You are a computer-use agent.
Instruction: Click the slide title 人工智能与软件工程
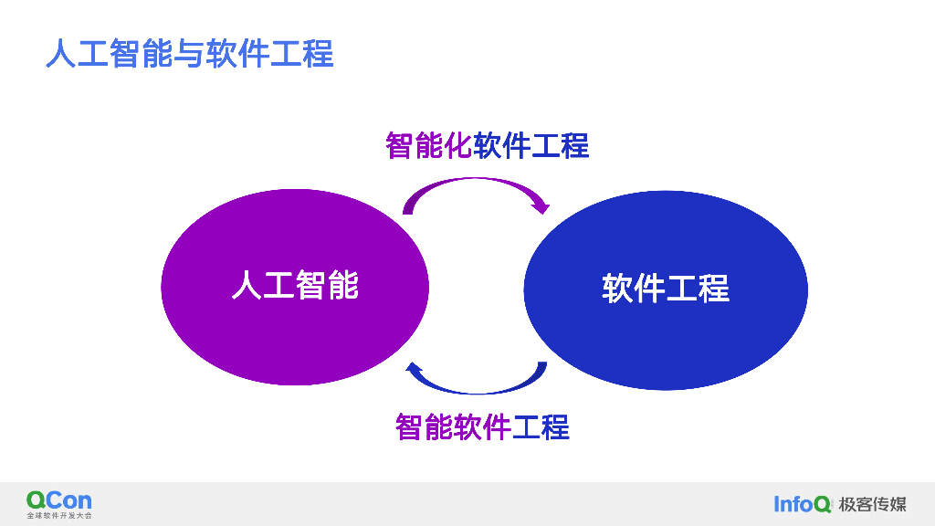tap(190, 54)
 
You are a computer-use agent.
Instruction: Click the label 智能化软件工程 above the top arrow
tap(487, 145)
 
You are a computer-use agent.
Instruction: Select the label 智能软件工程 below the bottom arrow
tap(482, 426)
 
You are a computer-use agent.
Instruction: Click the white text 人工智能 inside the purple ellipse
tap(295, 285)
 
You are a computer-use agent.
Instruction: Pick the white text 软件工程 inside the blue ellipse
tap(666, 289)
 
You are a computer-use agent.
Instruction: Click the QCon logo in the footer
tap(59, 500)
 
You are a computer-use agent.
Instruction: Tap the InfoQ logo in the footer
tap(803, 503)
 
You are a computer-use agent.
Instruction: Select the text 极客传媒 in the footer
tap(872, 503)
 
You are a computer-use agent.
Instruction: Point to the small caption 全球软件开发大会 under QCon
tap(59, 516)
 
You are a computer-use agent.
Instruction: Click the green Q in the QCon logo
tap(36, 500)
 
